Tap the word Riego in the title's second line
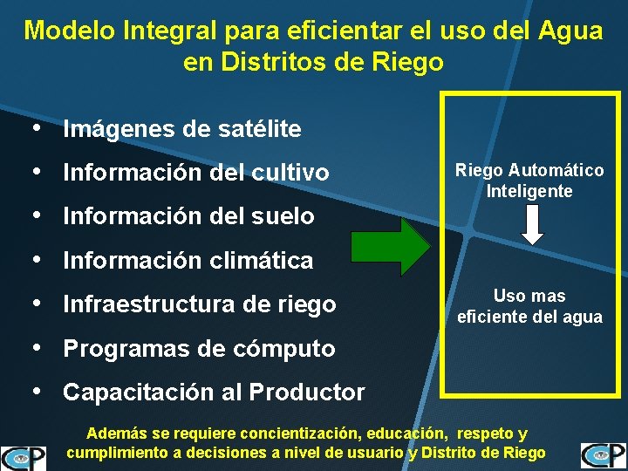click(x=411, y=63)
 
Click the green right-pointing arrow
click(x=391, y=247)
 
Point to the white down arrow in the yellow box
click(x=531, y=226)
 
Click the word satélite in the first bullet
click(x=263, y=130)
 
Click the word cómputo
click(x=292, y=349)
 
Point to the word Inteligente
click(x=529, y=190)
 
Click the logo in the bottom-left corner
click(x=24, y=457)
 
